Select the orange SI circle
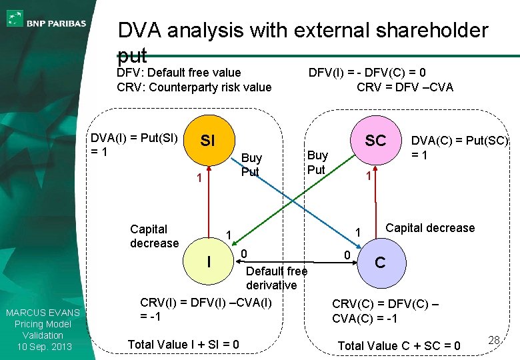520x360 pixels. tap(207, 141)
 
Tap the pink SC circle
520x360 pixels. tap(375, 140)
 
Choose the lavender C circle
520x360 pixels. tap(379, 262)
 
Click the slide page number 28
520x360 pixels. tap(493, 341)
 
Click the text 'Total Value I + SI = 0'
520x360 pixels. tap(183, 344)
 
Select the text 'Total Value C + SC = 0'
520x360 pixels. tap(399, 345)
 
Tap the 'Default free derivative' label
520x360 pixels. tap(277, 278)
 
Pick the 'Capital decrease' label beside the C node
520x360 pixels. tap(430, 228)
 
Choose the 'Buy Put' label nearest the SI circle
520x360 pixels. tap(251, 165)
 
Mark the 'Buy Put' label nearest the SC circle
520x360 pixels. tap(317, 162)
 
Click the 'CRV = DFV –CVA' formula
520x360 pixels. tap(405, 87)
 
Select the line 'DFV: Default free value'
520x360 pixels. tap(179, 73)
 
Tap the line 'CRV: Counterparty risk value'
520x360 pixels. tap(194, 87)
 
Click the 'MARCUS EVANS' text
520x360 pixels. tap(43, 313)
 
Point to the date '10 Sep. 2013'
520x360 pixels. tap(43, 346)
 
